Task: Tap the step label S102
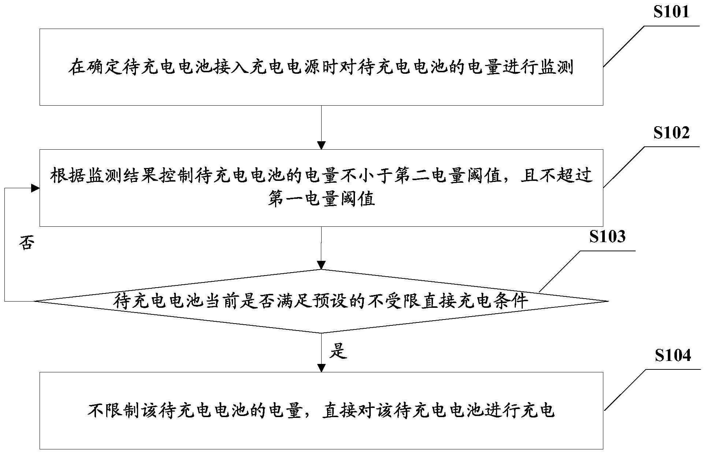[671, 132]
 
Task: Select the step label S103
[607, 237]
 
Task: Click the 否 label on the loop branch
[26, 242]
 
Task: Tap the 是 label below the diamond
[338, 351]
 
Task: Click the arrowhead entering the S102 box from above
[321, 145]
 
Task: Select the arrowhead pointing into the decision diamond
[321, 265]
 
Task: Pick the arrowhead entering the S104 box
[321, 368]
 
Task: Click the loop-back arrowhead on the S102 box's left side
[36, 188]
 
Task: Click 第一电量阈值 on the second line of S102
[321, 199]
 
